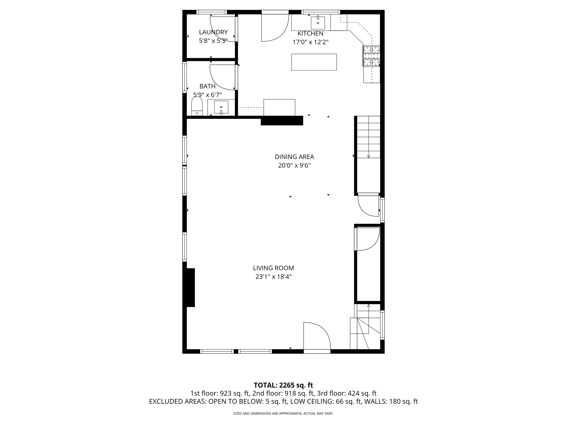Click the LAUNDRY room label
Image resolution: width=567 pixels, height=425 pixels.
213,32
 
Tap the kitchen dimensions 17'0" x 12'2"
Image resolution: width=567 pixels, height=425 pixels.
310,42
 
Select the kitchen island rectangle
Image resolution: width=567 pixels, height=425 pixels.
314,62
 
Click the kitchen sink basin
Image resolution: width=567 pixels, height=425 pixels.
318,23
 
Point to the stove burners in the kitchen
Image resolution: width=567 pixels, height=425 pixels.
371,56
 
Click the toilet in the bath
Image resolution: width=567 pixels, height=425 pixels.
197,107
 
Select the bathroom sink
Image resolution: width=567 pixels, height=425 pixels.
221,107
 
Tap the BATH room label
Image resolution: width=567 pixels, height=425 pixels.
207,86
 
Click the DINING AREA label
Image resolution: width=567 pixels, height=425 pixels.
294,157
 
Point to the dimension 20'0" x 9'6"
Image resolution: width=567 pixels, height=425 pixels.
294,166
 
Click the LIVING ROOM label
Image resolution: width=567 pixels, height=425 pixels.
273,268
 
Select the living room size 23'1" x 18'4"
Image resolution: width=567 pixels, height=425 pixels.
273,277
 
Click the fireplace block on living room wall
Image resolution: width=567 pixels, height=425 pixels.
190,287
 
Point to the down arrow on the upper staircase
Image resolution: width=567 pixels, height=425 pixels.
368,156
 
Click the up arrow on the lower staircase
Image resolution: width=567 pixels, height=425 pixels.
368,306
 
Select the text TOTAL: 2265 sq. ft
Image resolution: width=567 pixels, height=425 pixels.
283,385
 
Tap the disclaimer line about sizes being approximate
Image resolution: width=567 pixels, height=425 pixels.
283,413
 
